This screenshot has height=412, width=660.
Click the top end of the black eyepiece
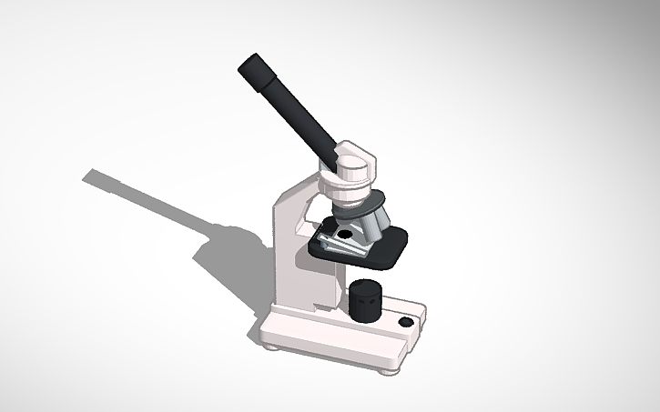pos(249,67)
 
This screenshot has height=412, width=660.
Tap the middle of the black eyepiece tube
pos(291,107)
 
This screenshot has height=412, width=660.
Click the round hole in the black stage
pos(345,234)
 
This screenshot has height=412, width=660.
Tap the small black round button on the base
pos(406,322)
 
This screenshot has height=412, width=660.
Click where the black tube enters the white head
pos(335,151)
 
